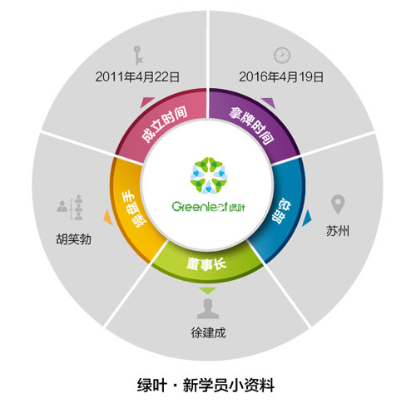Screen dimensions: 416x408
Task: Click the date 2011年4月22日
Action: pos(137,76)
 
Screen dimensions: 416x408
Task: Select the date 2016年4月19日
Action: pos(281,76)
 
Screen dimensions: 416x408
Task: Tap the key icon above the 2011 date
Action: pos(138,55)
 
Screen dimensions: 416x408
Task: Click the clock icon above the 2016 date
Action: pos(282,55)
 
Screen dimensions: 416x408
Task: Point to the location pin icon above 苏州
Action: pos(338,204)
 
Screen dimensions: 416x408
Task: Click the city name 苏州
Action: pos(338,230)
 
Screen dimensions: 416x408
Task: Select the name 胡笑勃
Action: pos(73,239)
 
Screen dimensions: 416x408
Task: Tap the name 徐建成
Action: pos(208,332)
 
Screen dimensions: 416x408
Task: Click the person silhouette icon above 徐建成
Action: pos(208,309)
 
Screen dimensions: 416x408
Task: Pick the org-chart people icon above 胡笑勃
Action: pos(71,207)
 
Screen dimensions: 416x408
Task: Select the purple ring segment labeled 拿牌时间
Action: pos(253,123)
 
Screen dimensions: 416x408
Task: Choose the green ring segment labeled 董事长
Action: pos(207,264)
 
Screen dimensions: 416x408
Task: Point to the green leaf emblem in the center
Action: pos(209,175)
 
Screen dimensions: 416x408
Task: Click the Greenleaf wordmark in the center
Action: pos(208,207)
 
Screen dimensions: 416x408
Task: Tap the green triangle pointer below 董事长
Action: pos(208,290)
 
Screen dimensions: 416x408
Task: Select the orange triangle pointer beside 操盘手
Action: pos(108,218)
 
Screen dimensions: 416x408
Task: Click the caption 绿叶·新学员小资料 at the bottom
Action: pos(206,385)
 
